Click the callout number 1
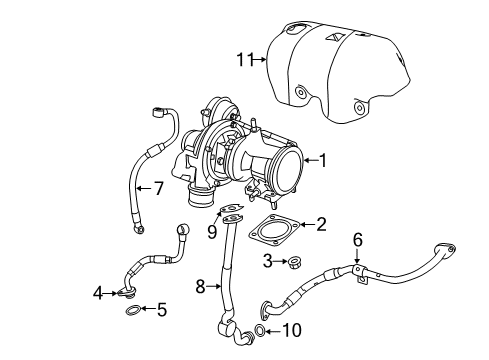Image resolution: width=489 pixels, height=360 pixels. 323,159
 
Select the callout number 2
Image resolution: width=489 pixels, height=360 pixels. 321,224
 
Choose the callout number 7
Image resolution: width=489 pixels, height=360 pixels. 157,187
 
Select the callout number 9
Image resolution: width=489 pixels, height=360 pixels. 212,233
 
